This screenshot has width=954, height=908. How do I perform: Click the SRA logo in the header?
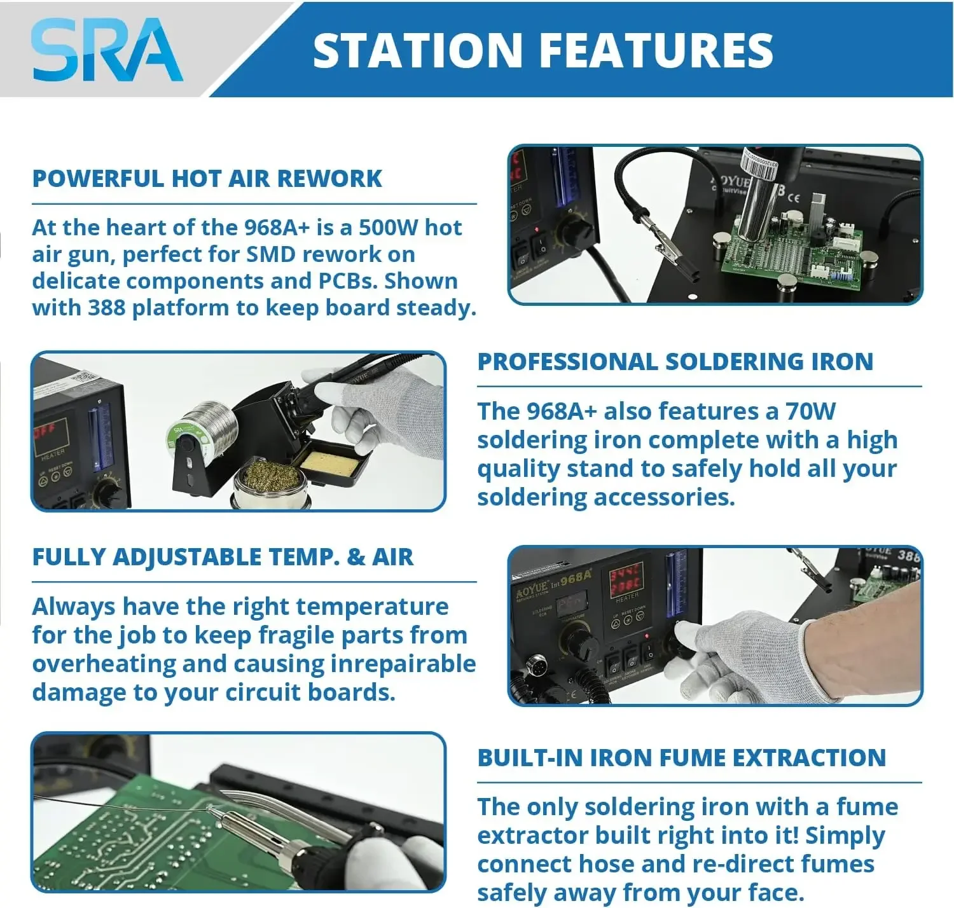coord(107,50)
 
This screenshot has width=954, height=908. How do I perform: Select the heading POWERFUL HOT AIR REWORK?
coord(207,179)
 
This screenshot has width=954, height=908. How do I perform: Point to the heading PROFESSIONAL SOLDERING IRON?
coord(675,361)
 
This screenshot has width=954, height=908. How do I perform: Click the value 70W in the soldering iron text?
coord(810,411)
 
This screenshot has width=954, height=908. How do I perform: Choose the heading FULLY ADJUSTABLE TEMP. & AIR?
coord(223,557)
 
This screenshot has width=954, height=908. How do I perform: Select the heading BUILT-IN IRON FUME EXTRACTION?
coord(681,757)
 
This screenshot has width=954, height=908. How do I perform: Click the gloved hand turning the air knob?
coord(741,655)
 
